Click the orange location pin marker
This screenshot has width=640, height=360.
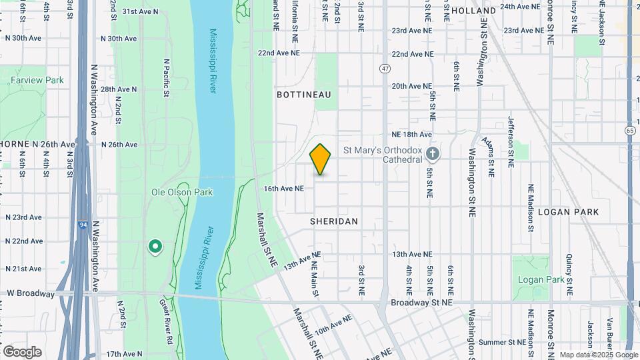coord(321,159)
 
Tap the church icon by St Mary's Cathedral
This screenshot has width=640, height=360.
coord(433,155)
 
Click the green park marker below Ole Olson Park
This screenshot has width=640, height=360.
coord(155,247)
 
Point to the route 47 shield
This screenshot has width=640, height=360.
coord(385,69)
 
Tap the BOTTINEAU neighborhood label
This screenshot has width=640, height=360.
coord(304,95)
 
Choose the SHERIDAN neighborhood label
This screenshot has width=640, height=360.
coord(334,221)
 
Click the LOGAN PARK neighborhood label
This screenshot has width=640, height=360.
coord(569,212)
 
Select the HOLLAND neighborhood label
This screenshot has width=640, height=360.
coord(473,11)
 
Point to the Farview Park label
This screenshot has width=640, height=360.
coord(37,81)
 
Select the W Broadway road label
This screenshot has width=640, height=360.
coord(31,293)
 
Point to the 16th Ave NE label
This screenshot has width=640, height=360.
coord(283,189)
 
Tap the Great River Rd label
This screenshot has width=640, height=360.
coord(167,322)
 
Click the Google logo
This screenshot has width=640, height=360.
coord(22,352)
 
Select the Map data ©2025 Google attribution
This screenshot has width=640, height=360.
coord(599,355)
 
